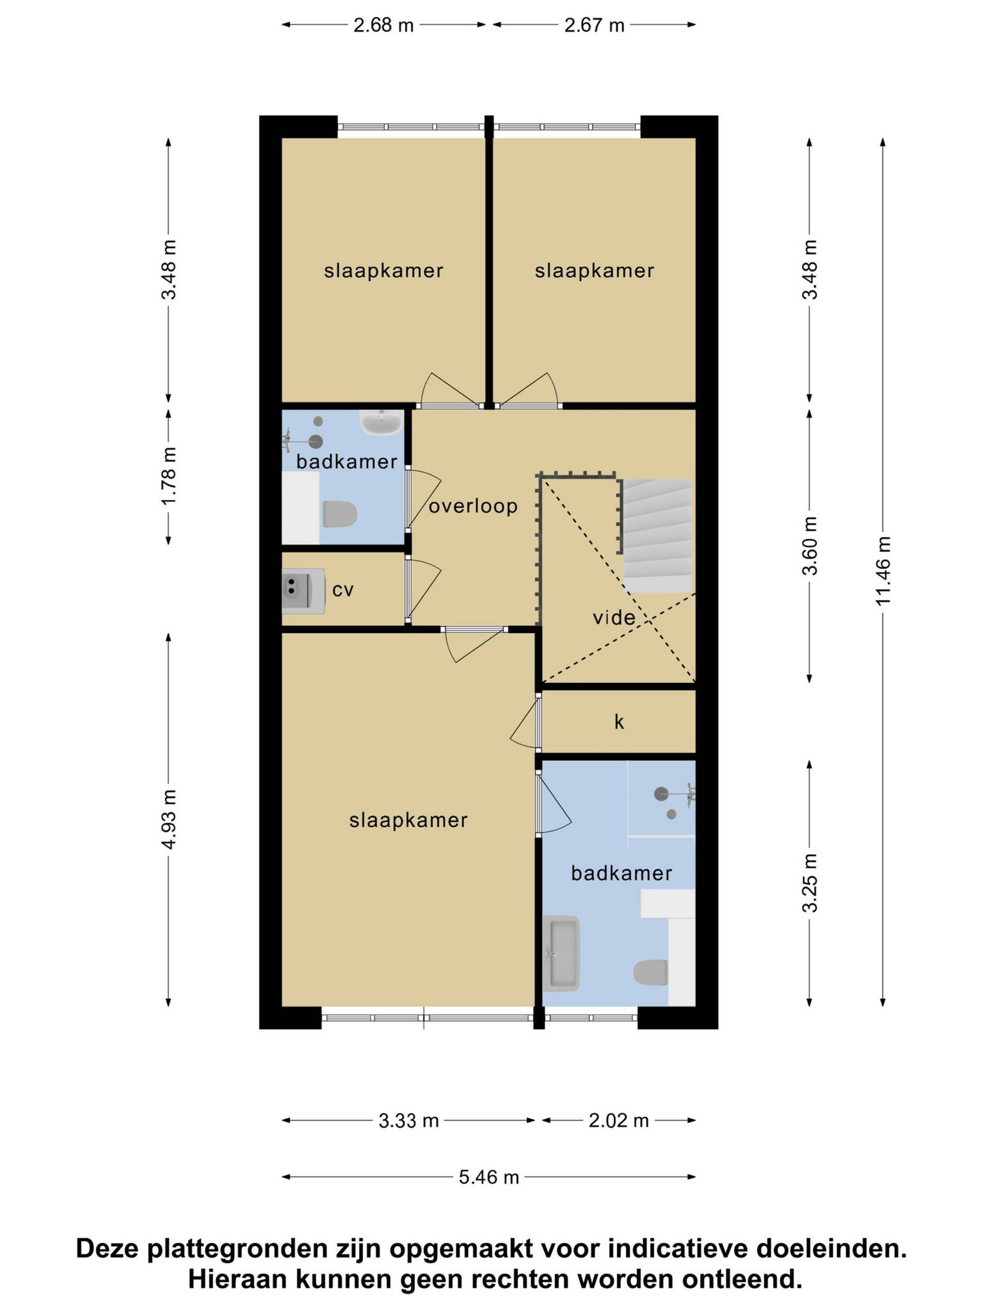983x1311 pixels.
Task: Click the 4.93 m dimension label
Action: (x=169, y=820)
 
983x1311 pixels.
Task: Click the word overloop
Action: (x=473, y=506)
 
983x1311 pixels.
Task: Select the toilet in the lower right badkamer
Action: (x=650, y=973)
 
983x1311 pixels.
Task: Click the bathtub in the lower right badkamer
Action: (x=561, y=954)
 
